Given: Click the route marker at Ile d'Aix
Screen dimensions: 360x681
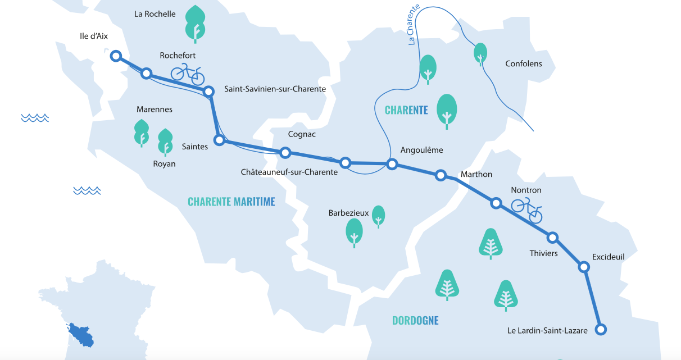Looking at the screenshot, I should (116, 56).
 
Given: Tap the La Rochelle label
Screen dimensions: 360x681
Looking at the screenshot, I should (155, 14).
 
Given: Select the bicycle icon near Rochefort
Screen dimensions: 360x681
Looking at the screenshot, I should (188, 74).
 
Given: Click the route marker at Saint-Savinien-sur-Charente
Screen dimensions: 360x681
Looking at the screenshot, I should (208, 91).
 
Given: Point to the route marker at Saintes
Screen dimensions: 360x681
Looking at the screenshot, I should (220, 140).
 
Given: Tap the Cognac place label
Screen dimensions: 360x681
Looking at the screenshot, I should (302, 134).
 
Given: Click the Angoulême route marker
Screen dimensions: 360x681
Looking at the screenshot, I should (392, 164).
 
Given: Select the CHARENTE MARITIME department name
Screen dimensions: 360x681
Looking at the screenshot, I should (231, 202).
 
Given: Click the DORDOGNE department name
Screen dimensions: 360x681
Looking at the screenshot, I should (415, 321).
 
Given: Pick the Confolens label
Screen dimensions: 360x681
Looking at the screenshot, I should (524, 63).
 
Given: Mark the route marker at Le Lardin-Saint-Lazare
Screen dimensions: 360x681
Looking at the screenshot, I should (601, 330).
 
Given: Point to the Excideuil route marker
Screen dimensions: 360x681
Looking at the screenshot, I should (584, 267).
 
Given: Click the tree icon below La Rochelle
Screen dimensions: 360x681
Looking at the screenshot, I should (195, 24).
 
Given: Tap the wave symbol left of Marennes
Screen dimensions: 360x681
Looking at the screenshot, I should (35, 117).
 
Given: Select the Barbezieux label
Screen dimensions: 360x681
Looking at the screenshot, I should (348, 213).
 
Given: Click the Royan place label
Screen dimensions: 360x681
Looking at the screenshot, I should (164, 164).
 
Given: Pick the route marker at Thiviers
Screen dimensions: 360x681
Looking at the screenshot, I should (553, 238).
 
